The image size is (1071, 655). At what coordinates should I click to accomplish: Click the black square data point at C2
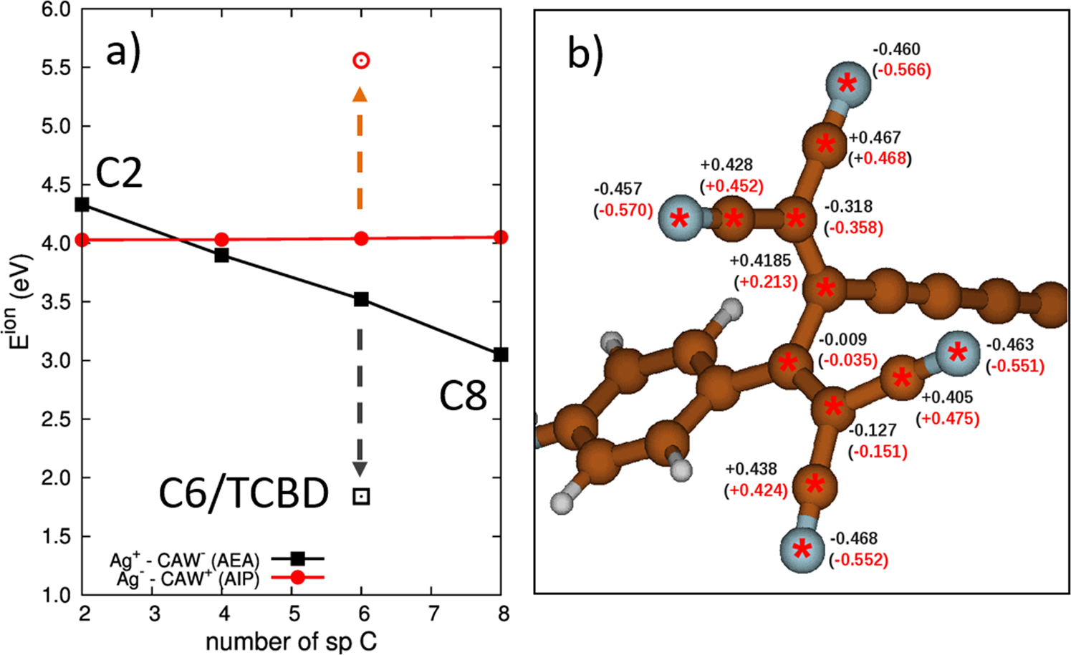[x=82, y=205]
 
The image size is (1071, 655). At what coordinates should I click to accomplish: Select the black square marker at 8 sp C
[x=501, y=354]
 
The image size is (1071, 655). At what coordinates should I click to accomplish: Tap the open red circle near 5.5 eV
[x=362, y=61]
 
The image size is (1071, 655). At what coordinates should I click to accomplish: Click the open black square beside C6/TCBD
[x=362, y=496]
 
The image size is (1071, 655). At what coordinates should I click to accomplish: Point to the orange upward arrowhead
[x=360, y=94]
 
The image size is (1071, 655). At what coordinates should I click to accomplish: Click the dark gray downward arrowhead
[x=360, y=469]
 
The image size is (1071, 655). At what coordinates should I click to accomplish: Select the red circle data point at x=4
[x=222, y=239]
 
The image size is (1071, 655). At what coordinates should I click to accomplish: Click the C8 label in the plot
[x=463, y=395]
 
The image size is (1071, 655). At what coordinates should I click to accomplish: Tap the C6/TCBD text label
[x=244, y=493]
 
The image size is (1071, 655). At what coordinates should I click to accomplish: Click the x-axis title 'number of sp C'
[x=291, y=641]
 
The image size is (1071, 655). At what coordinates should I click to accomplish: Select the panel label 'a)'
[x=123, y=52]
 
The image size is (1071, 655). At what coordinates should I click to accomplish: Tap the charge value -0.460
[x=896, y=49]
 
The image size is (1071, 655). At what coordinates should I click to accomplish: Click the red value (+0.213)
[x=765, y=282]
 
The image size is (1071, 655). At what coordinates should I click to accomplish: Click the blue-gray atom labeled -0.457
[x=680, y=218]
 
